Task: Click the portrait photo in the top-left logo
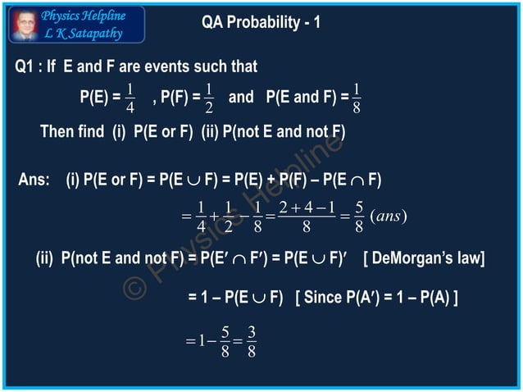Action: [22, 25]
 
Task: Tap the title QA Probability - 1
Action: [261, 22]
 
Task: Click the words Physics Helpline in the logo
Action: [84, 16]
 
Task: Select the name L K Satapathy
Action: [82, 34]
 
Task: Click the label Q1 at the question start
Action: [25, 66]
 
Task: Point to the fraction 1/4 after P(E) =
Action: [130, 98]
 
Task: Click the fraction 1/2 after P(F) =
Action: [209, 98]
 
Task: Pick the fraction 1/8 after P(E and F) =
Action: [357, 98]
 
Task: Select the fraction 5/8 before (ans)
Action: [358, 216]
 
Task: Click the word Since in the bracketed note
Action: [324, 297]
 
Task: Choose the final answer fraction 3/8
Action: [252, 341]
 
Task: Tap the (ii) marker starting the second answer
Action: [45, 260]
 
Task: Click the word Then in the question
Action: [57, 131]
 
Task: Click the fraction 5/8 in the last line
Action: [225, 341]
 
